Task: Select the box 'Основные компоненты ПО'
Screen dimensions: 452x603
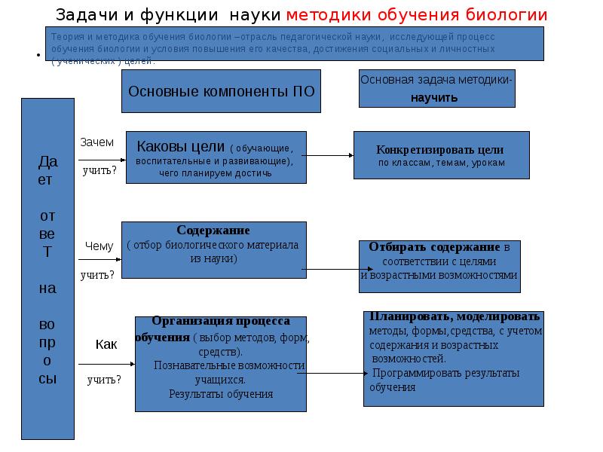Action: [x=222, y=91]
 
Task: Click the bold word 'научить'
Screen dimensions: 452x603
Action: [x=436, y=97]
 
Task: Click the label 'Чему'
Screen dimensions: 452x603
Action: [x=99, y=246]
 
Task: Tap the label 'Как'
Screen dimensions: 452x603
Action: [x=106, y=344]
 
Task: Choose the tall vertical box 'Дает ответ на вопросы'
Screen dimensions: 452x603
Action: [x=47, y=268]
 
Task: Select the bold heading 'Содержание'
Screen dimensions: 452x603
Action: [x=213, y=230]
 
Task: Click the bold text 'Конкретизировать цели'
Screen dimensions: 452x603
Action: [x=441, y=149]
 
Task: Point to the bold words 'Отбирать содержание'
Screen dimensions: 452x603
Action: [x=434, y=247]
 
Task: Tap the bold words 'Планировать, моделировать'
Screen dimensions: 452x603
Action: [x=455, y=316]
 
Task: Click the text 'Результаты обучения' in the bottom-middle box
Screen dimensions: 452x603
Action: [x=221, y=393]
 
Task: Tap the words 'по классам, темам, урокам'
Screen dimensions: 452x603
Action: [x=441, y=163]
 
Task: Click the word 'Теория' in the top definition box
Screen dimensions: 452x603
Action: [x=63, y=36]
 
